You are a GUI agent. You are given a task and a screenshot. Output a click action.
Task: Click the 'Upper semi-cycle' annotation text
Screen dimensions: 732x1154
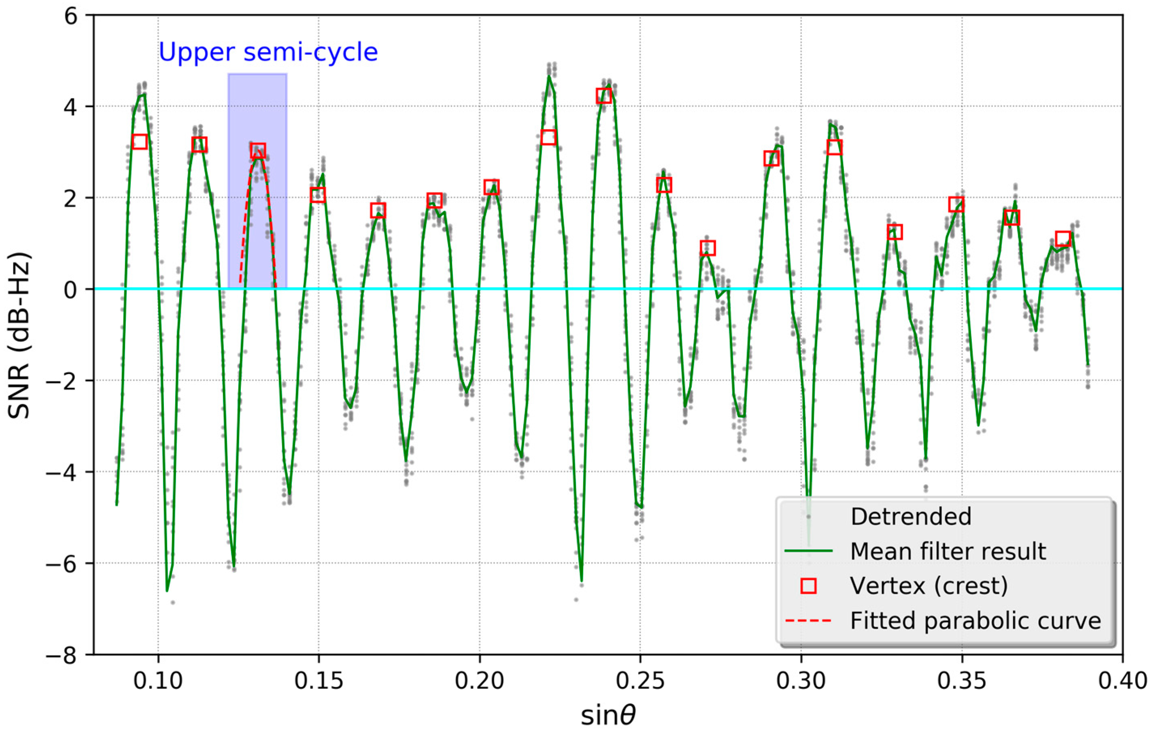pyautogui.click(x=268, y=52)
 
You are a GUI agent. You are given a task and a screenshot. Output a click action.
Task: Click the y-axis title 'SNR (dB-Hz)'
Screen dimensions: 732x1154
pyautogui.click(x=20, y=335)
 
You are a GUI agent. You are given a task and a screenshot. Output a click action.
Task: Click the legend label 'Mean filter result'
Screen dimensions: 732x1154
pyautogui.click(x=948, y=552)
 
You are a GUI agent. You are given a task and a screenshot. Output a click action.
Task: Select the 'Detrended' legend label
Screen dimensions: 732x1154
pyautogui.click(x=911, y=517)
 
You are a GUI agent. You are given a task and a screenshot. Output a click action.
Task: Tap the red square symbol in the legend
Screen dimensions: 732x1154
pyautogui.click(x=809, y=586)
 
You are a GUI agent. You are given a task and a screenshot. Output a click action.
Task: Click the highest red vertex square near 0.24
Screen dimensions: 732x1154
pyautogui.click(x=604, y=96)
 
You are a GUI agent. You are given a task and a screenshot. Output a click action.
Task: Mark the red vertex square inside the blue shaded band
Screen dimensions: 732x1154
pyautogui.click(x=258, y=150)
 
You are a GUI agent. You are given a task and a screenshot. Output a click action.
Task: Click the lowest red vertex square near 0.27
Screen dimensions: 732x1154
pyautogui.click(x=708, y=248)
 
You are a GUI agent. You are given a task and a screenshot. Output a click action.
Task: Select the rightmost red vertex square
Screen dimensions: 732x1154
pyautogui.click(x=1063, y=238)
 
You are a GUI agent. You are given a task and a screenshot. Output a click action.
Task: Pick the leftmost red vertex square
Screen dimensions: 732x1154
pyautogui.click(x=140, y=142)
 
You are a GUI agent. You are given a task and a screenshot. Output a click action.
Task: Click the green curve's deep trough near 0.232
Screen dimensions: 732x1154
pyautogui.click(x=581, y=581)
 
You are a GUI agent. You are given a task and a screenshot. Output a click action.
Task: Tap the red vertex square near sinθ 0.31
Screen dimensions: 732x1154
pyautogui.click(x=834, y=147)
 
